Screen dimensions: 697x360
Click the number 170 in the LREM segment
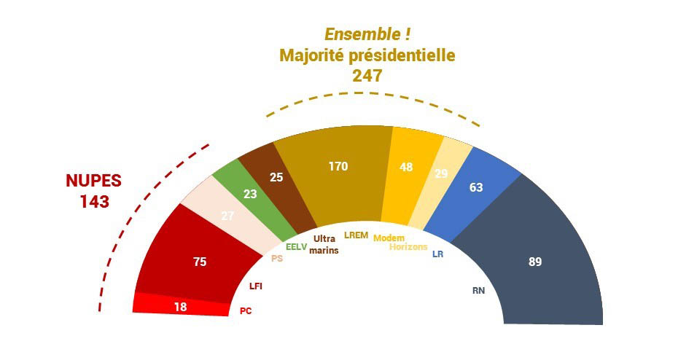coord(338,167)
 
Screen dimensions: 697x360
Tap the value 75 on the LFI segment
coord(200,262)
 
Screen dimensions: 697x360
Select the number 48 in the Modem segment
coord(406,167)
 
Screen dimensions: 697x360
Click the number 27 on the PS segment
coord(227,216)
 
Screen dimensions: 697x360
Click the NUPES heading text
coord(94,181)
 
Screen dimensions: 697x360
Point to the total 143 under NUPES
coord(95,202)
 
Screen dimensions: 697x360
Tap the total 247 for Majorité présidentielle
coord(367,76)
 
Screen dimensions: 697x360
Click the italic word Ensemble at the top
coord(362,34)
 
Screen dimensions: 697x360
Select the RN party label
coord(478,291)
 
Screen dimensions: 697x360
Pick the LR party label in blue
coord(438,254)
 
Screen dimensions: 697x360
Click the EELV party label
coord(297,247)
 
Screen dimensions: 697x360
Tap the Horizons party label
coord(408,246)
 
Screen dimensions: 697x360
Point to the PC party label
coord(246,311)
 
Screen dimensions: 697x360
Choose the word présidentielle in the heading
coord(405,55)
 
